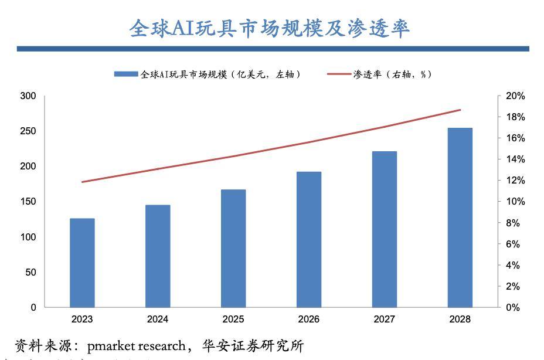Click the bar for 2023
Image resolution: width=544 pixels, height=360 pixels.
click(82, 263)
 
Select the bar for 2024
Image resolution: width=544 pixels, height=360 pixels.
click(158, 256)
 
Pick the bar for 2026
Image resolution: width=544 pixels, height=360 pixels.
click(309, 239)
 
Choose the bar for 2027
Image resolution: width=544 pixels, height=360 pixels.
click(385, 229)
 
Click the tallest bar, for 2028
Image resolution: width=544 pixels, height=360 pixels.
click(460, 218)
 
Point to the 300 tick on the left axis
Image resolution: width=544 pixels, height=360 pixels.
click(28, 96)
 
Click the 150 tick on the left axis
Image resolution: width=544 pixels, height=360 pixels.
click(28, 202)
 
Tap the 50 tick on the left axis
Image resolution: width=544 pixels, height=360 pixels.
click(30, 272)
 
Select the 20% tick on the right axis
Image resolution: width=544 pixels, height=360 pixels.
click(516, 96)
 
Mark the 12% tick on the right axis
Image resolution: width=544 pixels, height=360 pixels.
click(516, 181)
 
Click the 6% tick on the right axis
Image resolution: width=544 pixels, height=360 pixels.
click(514, 244)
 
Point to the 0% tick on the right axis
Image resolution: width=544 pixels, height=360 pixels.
click(514, 307)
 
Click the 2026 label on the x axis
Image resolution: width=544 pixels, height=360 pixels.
click(309, 320)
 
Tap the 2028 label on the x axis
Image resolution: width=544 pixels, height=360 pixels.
click(460, 320)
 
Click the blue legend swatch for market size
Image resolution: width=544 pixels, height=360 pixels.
click(125, 74)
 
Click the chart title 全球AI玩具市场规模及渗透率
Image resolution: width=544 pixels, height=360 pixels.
click(269, 28)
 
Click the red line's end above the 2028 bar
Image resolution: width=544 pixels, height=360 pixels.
click(460, 110)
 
